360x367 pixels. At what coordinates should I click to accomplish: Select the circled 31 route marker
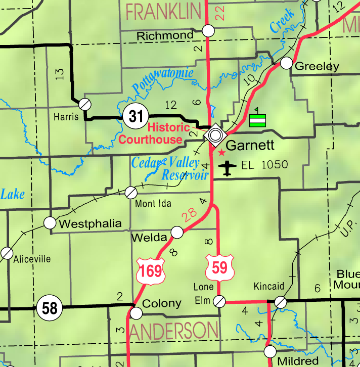136,116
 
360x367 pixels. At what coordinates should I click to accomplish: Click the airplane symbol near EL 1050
229,168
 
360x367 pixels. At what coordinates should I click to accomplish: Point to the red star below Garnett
221,152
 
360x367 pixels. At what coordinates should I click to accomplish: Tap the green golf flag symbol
257,119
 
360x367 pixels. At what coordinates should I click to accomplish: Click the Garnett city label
250,146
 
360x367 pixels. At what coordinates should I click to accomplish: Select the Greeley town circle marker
287,63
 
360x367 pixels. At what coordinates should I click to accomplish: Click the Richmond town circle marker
208,31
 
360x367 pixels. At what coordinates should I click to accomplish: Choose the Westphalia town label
90,223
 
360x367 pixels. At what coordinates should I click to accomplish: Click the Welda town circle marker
177,232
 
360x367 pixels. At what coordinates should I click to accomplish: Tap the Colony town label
162,303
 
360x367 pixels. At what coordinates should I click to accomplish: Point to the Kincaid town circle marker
280,302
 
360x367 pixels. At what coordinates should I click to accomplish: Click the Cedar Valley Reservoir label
170,169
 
